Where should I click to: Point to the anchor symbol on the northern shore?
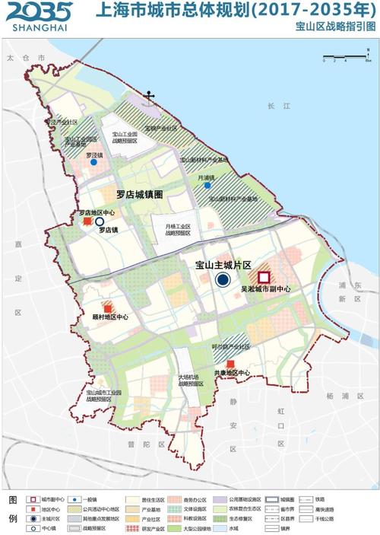[x=150, y=96]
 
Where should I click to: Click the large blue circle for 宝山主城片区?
[x=223, y=280]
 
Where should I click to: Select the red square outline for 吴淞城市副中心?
[x=264, y=279]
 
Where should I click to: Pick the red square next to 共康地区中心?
[x=231, y=365]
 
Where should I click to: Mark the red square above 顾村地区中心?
[x=97, y=306]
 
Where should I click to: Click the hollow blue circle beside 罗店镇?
[x=99, y=221]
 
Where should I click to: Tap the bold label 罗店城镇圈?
[x=140, y=195]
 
